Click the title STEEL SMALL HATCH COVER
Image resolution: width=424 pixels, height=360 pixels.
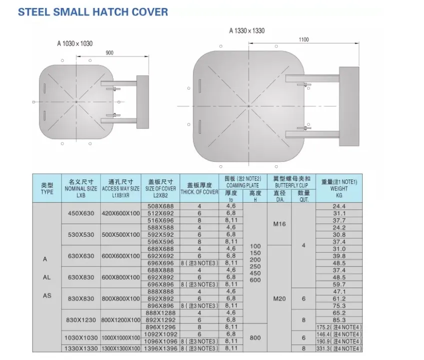pyautogui.click(x=93, y=11)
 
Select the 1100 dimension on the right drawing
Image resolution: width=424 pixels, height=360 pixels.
pyautogui.click(x=304, y=39)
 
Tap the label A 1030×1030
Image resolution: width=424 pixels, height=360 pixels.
pyautogui.click(x=75, y=44)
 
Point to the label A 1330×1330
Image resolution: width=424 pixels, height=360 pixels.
pyautogui.click(x=247, y=30)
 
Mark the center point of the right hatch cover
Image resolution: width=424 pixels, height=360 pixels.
pyautogui.click(x=249, y=106)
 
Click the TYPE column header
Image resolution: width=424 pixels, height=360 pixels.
pyautogui.click(x=47, y=188)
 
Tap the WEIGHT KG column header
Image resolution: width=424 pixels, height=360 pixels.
pyautogui.click(x=339, y=188)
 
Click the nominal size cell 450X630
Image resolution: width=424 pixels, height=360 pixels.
pyautogui.click(x=81, y=213)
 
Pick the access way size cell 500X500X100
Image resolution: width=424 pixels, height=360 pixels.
pyautogui.click(x=120, y=235)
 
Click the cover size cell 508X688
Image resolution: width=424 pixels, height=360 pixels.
pyautogui.click(x=160, y=206)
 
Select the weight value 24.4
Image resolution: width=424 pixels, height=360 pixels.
pyautogui.click(x=339, y=206)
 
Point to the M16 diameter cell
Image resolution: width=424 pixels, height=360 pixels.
pyautogui.click(x=279, y=224)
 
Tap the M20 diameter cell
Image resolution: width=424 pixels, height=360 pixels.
pyautogui.click(x=279, y=298)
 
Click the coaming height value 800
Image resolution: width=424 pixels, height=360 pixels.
pyautogui.click(x=255, y=338)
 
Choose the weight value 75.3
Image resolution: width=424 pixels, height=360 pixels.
pyautogui.click(x=339, y=306)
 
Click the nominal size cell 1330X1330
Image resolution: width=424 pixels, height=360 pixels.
pyautogui.click(x=81, y=348)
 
